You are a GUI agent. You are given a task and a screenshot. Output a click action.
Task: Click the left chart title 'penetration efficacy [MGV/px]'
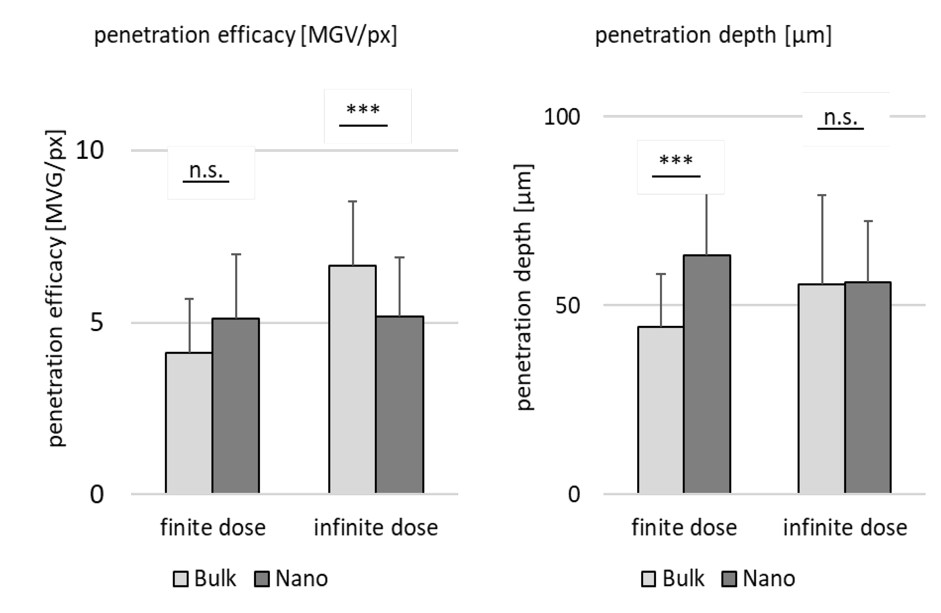(x=245, y=35)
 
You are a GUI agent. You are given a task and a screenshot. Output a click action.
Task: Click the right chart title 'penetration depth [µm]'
(x=713, y=35)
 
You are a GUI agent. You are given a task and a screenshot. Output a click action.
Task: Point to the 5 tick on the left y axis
(x=96, y=323)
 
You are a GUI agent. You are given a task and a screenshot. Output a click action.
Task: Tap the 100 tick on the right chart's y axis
(x=561, y=117)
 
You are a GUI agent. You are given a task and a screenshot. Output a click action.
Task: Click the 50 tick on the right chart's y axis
(x=567, y=305)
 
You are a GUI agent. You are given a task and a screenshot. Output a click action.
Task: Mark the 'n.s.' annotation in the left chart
(x=206, y=171)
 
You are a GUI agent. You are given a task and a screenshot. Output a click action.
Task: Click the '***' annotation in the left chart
(x=363, y=110)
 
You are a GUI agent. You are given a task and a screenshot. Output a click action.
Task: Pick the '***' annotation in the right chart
(x=676, y=161)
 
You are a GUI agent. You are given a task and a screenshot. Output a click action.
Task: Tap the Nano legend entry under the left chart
(x=291, y=578)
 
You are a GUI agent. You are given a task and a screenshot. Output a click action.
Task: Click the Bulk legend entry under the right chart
(x=673, y=578)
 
